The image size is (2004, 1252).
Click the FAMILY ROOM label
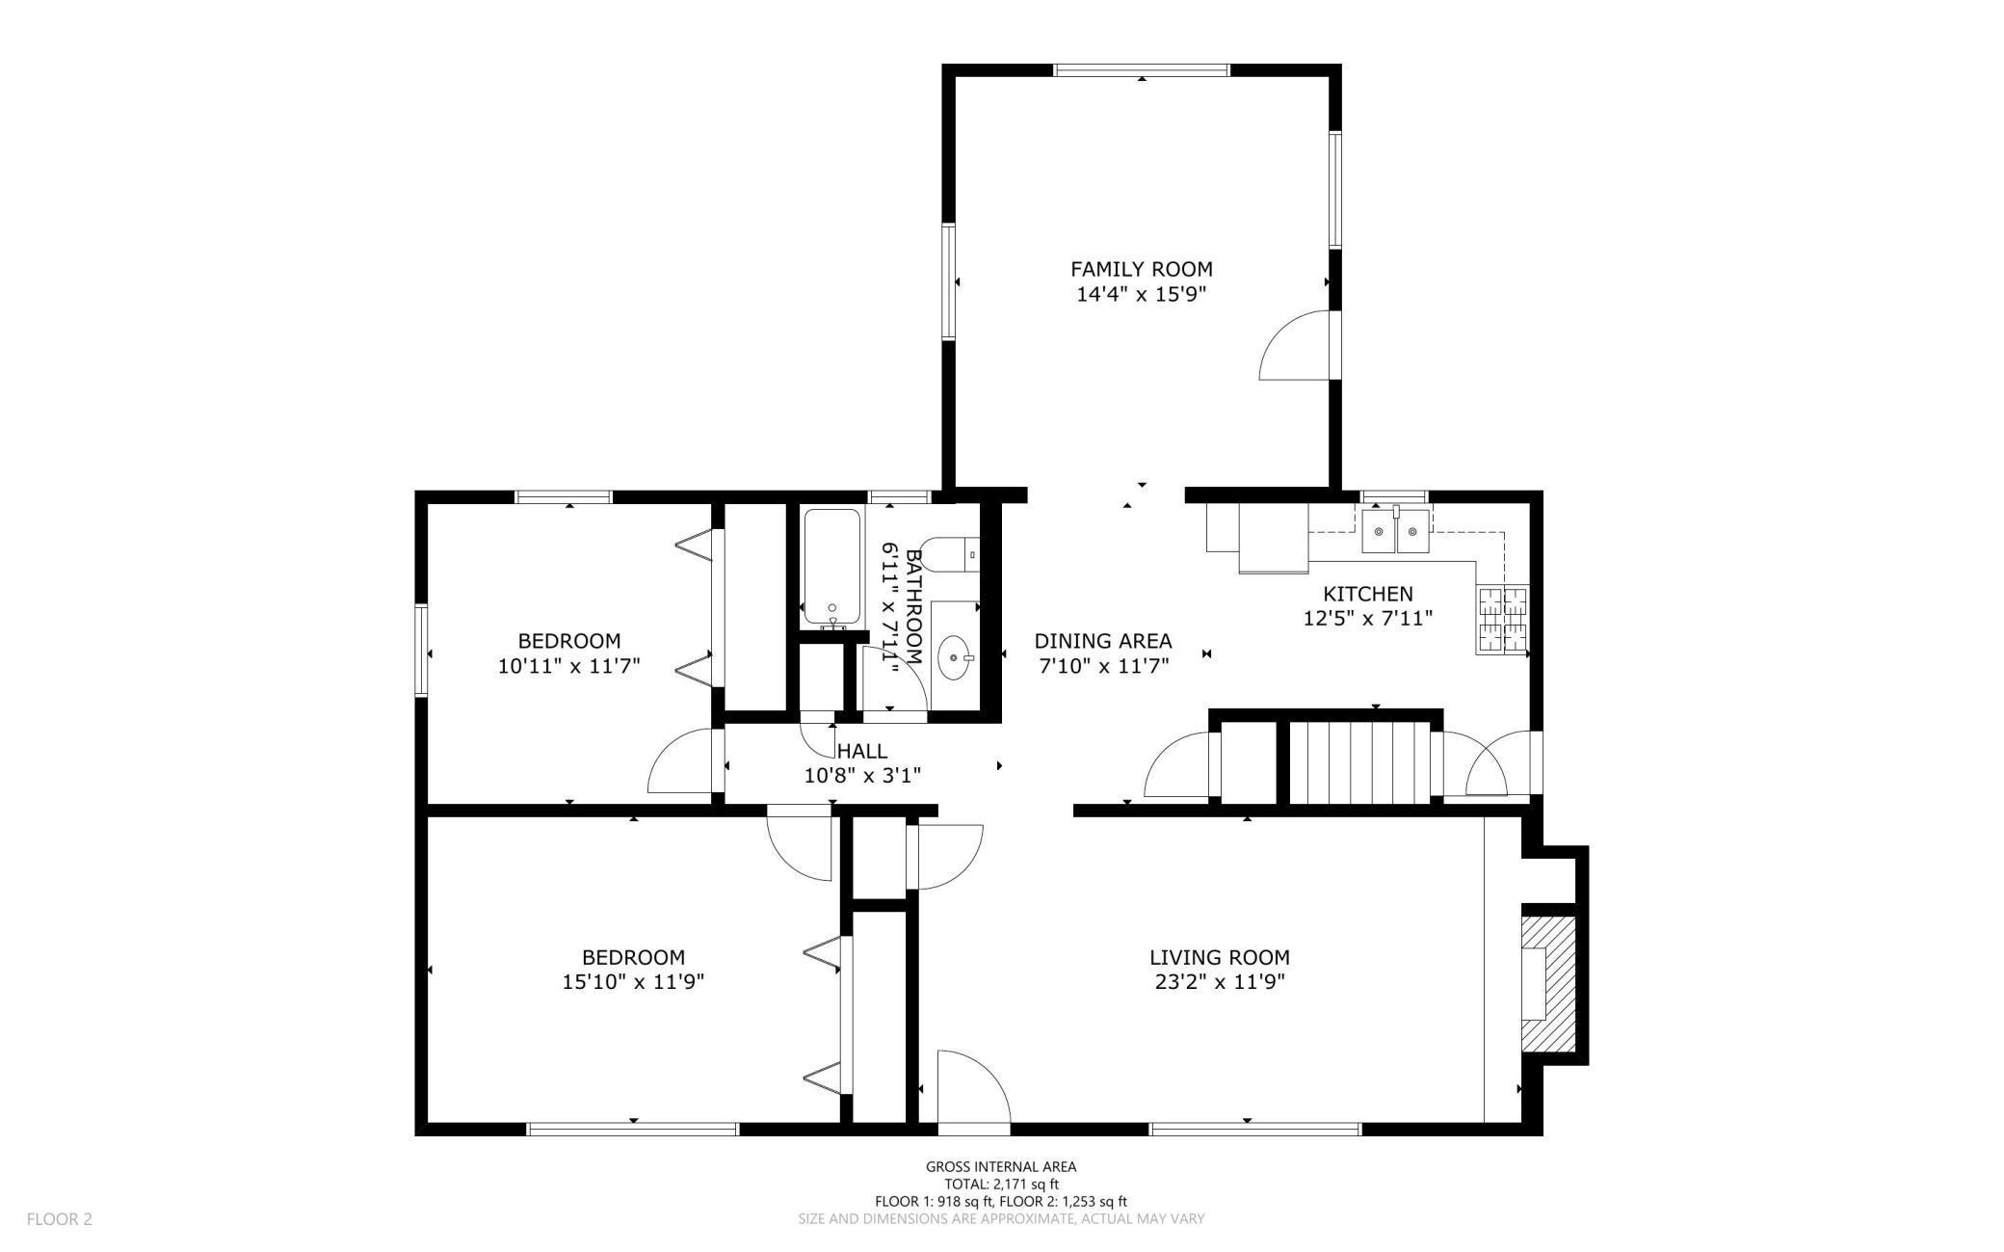click(1141, 269)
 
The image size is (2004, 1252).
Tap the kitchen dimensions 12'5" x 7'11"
click(1368, 619)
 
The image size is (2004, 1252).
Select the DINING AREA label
click(1103, 641)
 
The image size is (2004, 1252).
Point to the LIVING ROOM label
click(1220, 958)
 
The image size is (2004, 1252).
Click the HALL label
click(862, 751)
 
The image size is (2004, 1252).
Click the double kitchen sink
click(1396, 529)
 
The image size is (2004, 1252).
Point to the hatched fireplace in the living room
click(1548, 984)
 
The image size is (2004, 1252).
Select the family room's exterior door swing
click(1296, 345)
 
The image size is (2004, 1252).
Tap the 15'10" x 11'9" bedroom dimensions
click(633, 982)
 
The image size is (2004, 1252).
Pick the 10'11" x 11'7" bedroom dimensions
click(569, 665)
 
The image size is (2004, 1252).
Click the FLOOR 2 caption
click(60, 1219)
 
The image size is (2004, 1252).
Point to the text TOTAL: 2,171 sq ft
click(1001, 1185)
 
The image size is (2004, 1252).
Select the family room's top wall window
click(1142, 69)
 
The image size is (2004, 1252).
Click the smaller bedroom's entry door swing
click(684, 761)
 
